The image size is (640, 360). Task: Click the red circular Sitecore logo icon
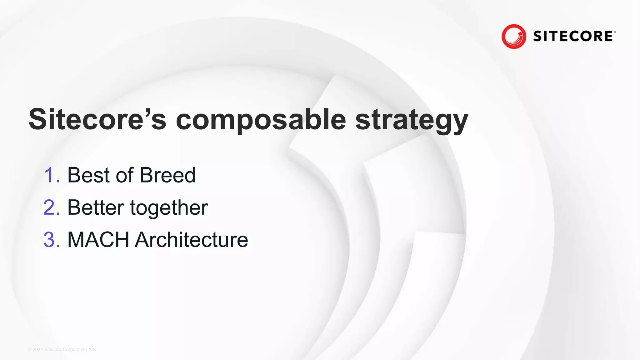pyautogui.click(x=514, y=36)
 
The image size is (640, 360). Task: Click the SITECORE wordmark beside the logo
pyautogui.click(x=573, y=36)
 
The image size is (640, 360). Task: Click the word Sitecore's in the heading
pyautogui.click(x=97, y=119)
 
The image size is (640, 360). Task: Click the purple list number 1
pyautogui.click(x=50, y=175)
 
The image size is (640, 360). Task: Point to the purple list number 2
pyautogui.click(x=51, y=207)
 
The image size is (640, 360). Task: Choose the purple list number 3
pyautogui.click(x=51, y=240)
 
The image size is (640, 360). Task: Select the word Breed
pyautogui.click(x=167, y=175)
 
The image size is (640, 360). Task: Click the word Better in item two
pyautogui.click(x=96, y=207)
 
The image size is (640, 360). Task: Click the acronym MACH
pyautogui.click(x=98, y=240)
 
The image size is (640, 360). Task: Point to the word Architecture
pyautogui.click(x=191, y=240)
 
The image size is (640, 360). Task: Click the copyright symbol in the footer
pyautogui.click(x=30, y=350)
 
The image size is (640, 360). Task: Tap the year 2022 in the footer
pyautogui.click(x=38, y=350)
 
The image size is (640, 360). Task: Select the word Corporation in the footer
pyautogui.click(x=75, y=350)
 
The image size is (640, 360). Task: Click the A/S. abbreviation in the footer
pyautogui.click(x=92, y=350)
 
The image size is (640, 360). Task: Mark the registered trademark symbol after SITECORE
pyautogui.click(x=615, y=32)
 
